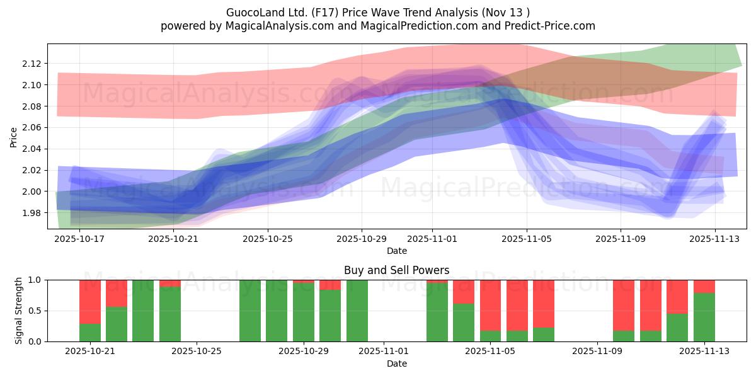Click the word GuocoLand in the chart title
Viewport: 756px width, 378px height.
251,12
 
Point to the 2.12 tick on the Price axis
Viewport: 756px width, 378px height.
32,64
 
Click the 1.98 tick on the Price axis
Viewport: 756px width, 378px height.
32,213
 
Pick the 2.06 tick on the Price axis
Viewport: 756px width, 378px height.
32,128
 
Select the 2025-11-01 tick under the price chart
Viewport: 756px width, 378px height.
432,239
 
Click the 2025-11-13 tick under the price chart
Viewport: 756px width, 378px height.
714,239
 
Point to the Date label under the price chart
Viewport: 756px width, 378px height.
397,251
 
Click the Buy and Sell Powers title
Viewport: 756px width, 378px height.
397,270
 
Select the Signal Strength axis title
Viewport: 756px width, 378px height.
19,310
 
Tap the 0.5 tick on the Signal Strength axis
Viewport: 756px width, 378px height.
35,311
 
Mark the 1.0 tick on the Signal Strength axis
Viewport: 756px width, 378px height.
35,280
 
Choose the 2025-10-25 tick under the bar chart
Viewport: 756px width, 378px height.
197,352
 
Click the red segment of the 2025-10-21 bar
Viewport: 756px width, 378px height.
90,301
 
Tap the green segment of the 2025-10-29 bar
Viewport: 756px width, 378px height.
304,312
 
